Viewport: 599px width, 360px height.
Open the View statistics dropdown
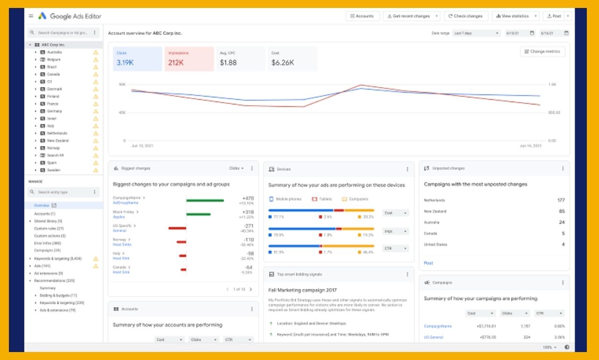(515, 16)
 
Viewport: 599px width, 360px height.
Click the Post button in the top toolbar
(554, 16)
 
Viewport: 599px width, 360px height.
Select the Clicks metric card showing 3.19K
(137, 59)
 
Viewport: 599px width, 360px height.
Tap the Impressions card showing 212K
(189, 59)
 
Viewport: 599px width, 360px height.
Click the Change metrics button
(542, 51)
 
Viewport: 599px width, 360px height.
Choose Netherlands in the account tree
(57, 133)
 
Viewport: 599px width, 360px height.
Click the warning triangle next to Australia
(95, 52)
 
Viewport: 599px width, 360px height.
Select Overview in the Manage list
(42, 206)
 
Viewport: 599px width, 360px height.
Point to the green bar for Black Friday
(198, 214)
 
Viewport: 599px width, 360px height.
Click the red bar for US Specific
(177, 228)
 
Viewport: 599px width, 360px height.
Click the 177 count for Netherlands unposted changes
(561, 200)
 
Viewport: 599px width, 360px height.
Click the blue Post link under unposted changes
(428, 263)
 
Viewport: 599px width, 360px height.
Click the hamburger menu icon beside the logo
(31, 16)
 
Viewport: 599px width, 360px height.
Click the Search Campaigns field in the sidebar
(61, 33)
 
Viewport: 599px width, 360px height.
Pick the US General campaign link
(433, 337)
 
